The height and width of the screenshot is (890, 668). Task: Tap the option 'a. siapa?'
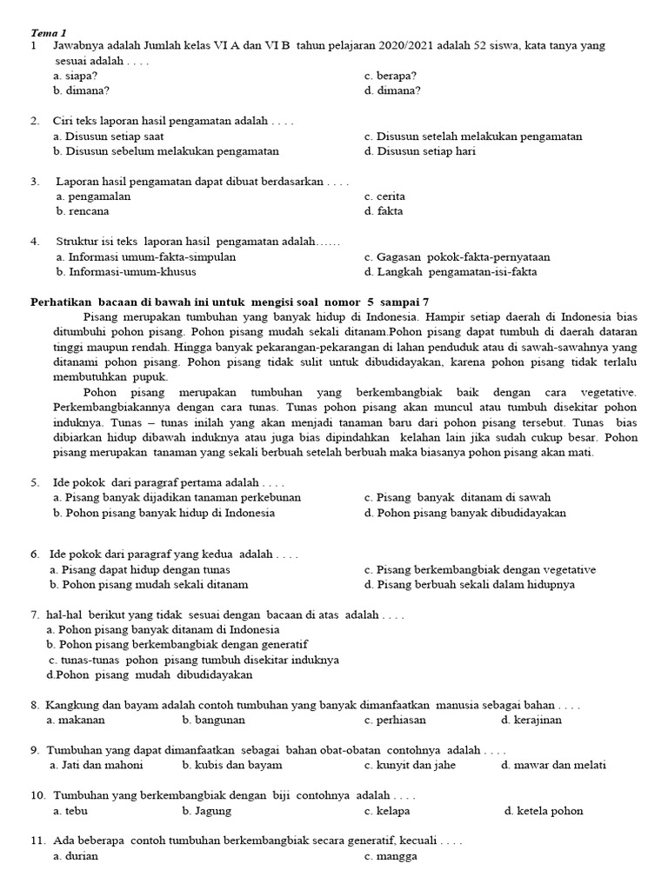click(74, 76)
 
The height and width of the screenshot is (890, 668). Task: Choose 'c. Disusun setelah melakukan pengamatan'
click(473, 136)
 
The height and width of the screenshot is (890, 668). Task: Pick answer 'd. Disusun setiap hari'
click(420, 151)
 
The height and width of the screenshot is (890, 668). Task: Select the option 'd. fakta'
click(384, 211)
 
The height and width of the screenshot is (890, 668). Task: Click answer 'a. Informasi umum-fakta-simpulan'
click(145, 257)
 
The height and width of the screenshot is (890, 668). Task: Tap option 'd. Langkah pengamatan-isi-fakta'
click(451, 272)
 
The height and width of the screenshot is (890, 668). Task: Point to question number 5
click(35, 482)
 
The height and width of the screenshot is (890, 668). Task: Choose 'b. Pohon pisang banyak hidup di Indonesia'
click(164, 513)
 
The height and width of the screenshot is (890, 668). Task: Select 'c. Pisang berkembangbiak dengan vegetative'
click(480, 570)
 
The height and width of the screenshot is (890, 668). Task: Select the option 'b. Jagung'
click(206, 811)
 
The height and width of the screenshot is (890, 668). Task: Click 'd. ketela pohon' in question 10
click(544, 811)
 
